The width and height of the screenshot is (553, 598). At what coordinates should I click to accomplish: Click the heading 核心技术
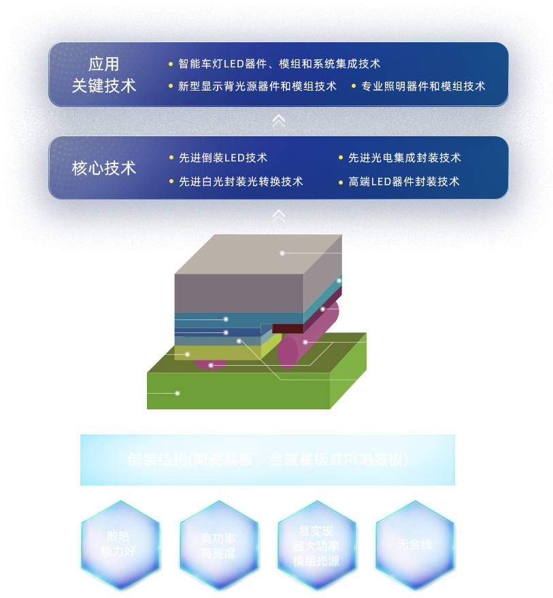pyautogui.click(x=104, y=168)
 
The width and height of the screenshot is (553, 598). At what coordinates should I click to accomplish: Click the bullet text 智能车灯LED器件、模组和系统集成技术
pyautogui.click(x=279, y=64)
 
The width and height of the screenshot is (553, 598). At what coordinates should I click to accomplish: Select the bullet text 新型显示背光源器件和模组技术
pyautogui.click(x=257, y=86)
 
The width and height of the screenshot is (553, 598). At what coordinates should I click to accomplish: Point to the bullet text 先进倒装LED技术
pyautogui.click(x=222, y=158)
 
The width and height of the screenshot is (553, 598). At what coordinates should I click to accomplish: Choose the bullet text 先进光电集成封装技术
pyautogui.click(x=404, y=158)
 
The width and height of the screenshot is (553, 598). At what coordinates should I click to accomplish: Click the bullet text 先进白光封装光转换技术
pyautogui.click(x=241, y=182)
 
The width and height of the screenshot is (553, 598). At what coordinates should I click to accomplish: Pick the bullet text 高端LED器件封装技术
pyautogui.click(x=403, y=182)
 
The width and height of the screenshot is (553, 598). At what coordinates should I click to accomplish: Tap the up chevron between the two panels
pyautogui.click(x=278, y=121)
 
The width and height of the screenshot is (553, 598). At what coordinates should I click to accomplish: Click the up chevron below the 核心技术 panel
pyautogui.click(x=278, y=217)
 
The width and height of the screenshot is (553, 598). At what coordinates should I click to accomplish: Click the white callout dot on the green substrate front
pyautogui.click(x=178, y=393)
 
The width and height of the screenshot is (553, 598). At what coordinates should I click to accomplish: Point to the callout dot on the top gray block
pyautogui.click(x=282, y=253)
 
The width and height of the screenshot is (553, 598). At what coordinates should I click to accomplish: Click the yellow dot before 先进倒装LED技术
pyautogui.click(x=171, y=158)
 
